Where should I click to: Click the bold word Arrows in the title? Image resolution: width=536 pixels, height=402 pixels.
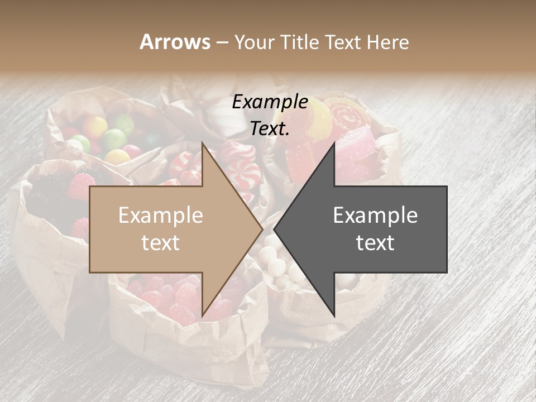(x=175, y=42)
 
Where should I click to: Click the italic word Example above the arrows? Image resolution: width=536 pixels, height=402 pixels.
(x=270, y=102)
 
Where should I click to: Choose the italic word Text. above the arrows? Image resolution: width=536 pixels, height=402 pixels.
(x=270, y=128)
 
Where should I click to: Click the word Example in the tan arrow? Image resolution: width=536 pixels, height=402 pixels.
(x=161, y=216)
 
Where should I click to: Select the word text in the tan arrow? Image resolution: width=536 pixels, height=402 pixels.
(x=161, y=243)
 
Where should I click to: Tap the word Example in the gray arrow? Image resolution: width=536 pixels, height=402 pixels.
(x=375, y=216)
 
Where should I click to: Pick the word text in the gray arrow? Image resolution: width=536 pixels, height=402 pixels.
(x=375, y=243)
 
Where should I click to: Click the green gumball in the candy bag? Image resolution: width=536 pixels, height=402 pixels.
(x=114, y=138)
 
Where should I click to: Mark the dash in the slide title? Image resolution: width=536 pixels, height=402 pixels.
(x=222, y=43)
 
